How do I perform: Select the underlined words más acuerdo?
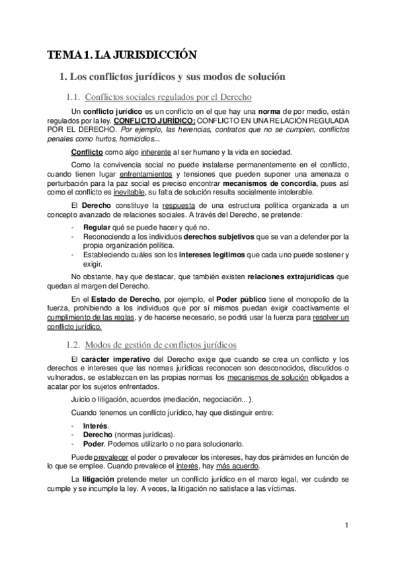pos(218,465)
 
